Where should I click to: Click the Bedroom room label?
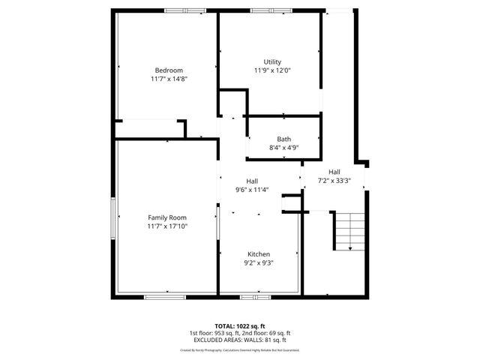pyautogui.click(x=169, y=70)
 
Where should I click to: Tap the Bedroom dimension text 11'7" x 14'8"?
pyautogui.click(x=169, y=79)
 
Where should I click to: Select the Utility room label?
pyautogui.click(x=272, y=61)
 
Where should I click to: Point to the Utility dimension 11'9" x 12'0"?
pyautogui.click(x=272, y=70)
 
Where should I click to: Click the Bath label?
pyautogui.click(x=284, y=139)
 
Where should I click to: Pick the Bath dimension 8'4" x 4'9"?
pyautogui.click(x=284, y=148)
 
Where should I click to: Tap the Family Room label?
pyautogui.click(x=166, y=217)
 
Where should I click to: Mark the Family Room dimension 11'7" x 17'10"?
pyautogui.click(x=166, y=226)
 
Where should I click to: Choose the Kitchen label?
pyautogui.click(x=259, y=254)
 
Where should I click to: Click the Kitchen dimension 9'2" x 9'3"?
pyautogui.click(x=259, y=263)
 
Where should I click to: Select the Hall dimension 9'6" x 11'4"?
pyautogui.click(x=252, y=190)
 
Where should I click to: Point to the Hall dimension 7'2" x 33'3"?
pyautogui.click(x=334, y=181)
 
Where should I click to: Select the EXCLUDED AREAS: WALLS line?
pyautogui.click(x=239, y=339)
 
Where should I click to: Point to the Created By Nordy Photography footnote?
pyautogui.click(x=239, y=349)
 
